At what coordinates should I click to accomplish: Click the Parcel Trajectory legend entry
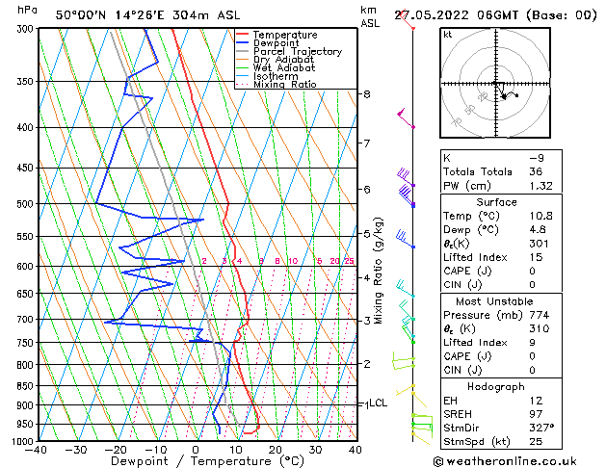pos(297,52)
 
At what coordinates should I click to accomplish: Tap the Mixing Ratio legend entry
pos(285,85)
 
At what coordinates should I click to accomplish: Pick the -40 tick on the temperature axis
pos(37,450)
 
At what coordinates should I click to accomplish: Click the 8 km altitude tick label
pos(366,94)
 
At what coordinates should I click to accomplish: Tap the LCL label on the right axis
pos(377,403)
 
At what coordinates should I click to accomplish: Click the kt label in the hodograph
pos(448,35)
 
